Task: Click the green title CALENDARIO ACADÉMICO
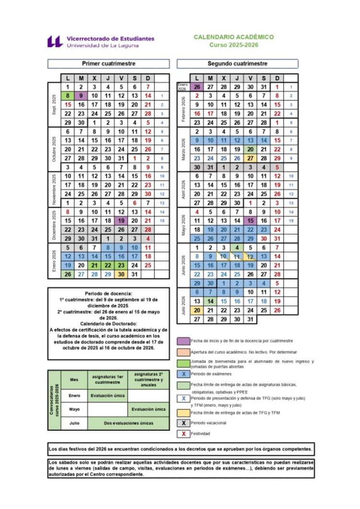[234, 37]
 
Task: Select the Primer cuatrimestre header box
[108, 63]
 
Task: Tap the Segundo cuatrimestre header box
[238, 63]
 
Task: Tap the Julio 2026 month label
[183, 306]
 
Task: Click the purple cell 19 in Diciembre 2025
[121, 221]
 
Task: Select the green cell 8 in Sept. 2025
[68, 96]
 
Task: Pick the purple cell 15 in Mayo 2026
[250, 221]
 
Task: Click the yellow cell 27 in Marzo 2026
[250, 158]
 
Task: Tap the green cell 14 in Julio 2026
[210, 301]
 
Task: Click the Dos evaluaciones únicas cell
[128, 423]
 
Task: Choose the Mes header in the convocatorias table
[74, 379]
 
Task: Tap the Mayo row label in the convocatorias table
[74, 410]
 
